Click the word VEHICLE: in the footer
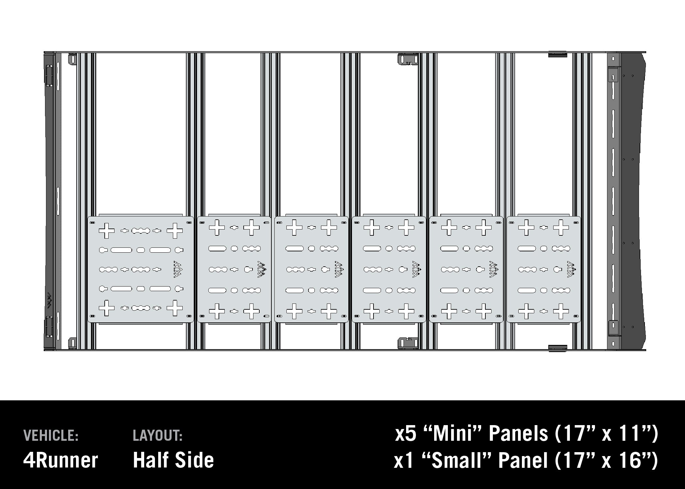click(x=51, y=436)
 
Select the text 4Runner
click(x=61, y=460)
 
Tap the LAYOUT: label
click(x=158, y=436)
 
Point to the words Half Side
click(x=174, y=460)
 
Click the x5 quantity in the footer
click(x=406, y=434)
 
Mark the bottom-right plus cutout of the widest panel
click(x=175, y=308)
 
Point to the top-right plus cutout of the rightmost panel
click(x=561, y=228)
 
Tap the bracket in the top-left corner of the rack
click(x=72, y=60)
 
